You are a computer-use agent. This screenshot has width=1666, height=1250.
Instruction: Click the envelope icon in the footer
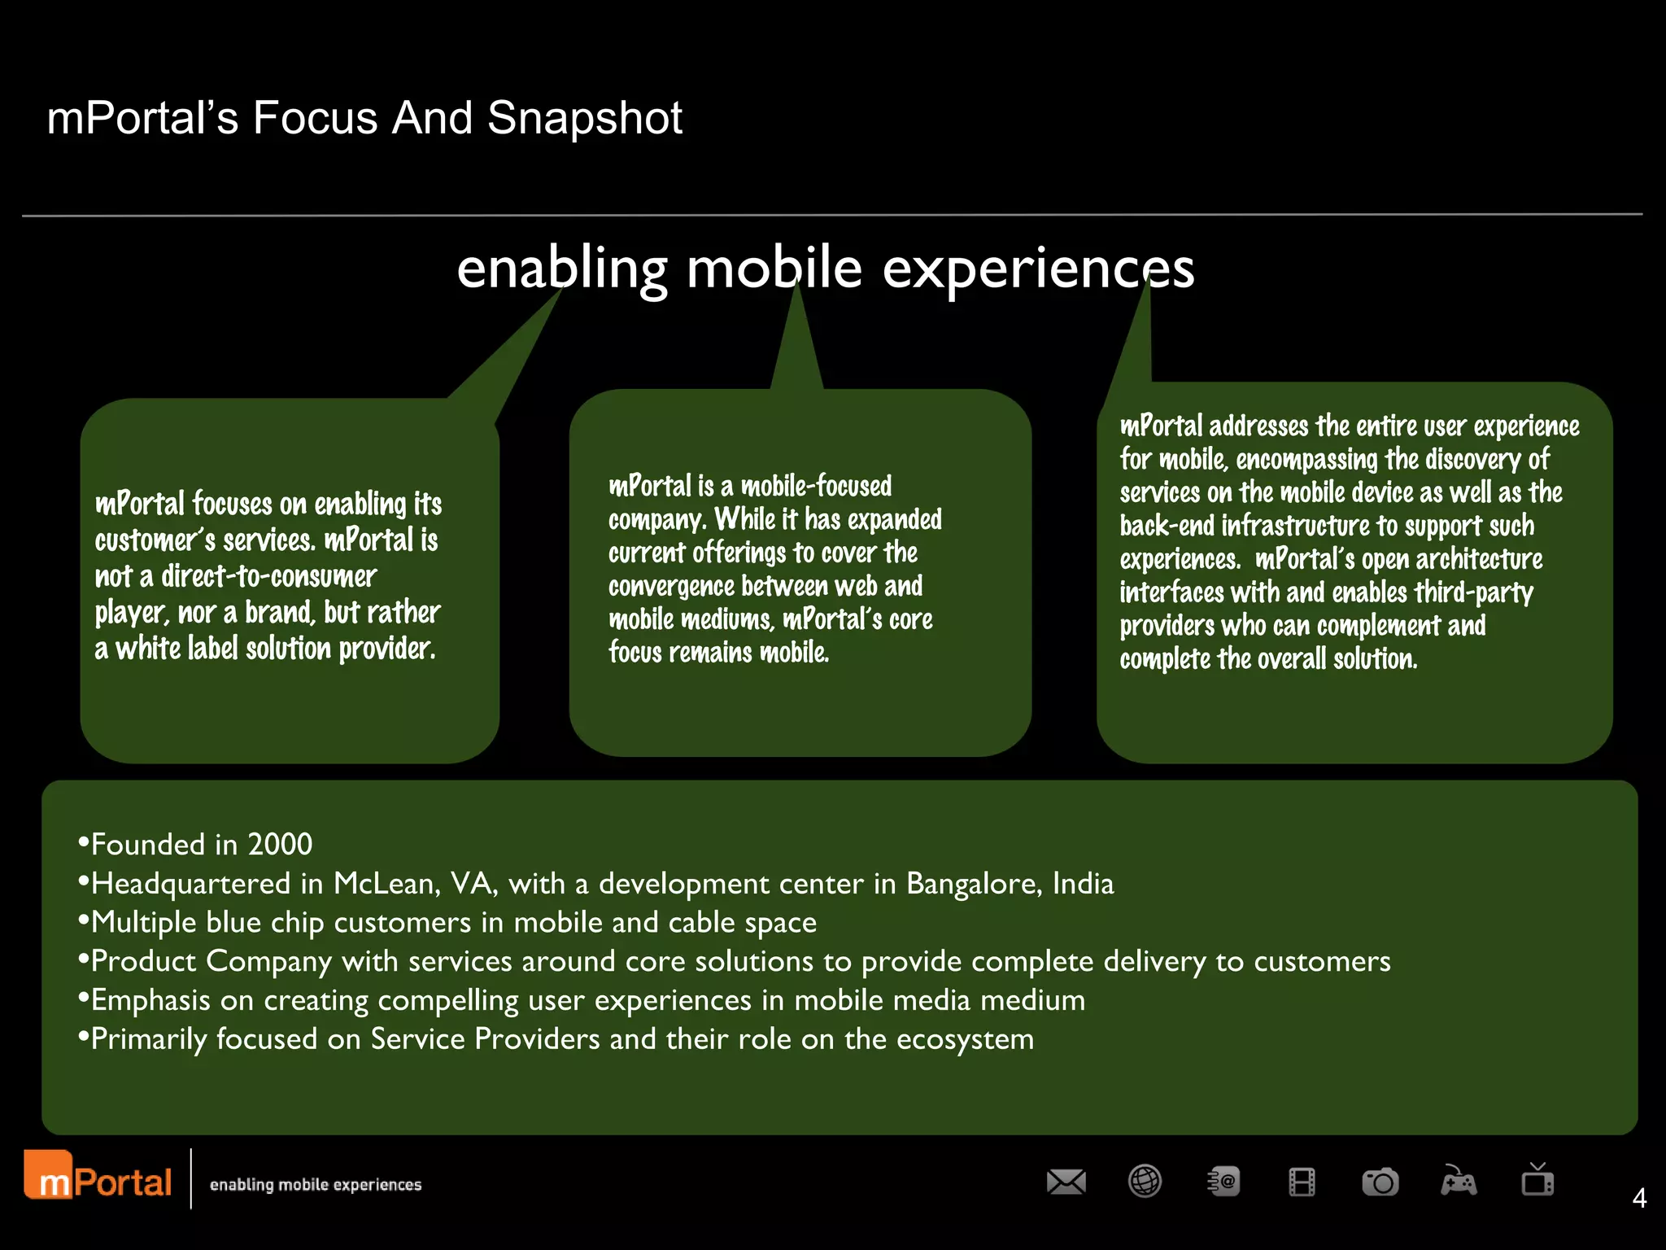pyautogui.click(x=1066, y=1182)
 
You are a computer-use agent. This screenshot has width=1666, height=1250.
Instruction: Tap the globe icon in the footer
pyautogui.click(x=1145, y=1182)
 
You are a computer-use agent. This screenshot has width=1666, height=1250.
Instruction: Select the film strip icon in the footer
pyautogui.click(x=1302, y=1182)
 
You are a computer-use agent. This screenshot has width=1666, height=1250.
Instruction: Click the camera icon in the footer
pyautogui.click(x=1380, y=1182)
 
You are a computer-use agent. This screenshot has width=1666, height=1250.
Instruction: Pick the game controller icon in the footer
pyautogui.click(x=1459, y=1182)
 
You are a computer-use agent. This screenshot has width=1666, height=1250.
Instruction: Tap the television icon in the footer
pyautogui.click(x=1537, y=1180)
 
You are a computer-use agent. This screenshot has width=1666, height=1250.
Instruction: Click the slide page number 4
pyautogui.click(x=1639, y=1198)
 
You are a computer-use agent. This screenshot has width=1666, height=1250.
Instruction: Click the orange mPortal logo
pyautogui.click(x=98, y=1177)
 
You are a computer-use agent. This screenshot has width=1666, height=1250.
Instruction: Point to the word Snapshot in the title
pyautogui.click(x=585, y=118)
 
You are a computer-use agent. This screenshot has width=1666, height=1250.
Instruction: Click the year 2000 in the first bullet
pyautogui.click(x=280, y=845)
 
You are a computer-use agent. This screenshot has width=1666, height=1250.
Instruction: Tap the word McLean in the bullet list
pyautogui.click(x=386, y=884)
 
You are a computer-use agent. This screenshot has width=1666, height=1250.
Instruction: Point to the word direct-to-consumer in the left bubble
pyautogui.click(x=268, y=576)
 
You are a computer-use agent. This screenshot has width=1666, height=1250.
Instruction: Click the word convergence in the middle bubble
pyautogui.click(x=671, y=587)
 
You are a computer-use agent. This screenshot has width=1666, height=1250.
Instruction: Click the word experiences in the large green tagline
pyautogui.click(x=1038, y=268)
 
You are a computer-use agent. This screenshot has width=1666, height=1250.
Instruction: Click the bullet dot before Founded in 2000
pyautogui.click(x=83, y=841)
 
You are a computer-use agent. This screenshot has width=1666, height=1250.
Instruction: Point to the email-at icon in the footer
pyautogui.click(x=1223, y=1182)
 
